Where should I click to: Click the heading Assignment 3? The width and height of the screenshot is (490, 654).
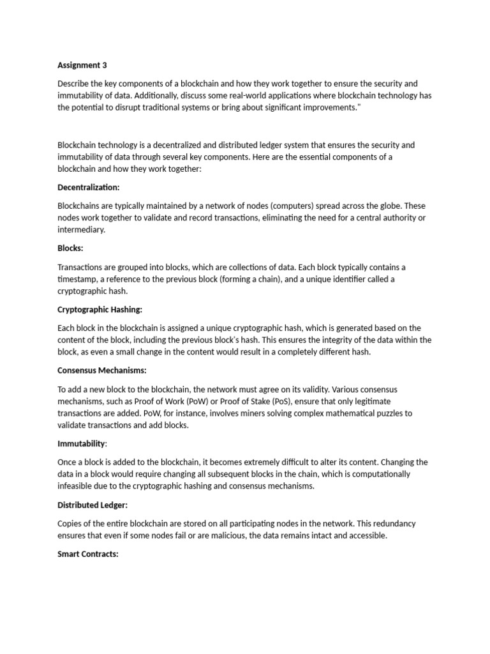click(x=79, y=65)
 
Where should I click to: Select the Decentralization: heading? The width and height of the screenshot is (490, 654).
click(x=89, y=188)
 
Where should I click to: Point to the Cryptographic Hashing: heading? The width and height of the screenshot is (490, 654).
click(x=100, y=310)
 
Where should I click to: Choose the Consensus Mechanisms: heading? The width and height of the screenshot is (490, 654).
click(x=102, y=371)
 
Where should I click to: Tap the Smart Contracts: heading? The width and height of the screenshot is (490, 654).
click(x=88, y=554)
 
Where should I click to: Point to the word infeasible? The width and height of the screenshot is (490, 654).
click(x=76, y=487)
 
